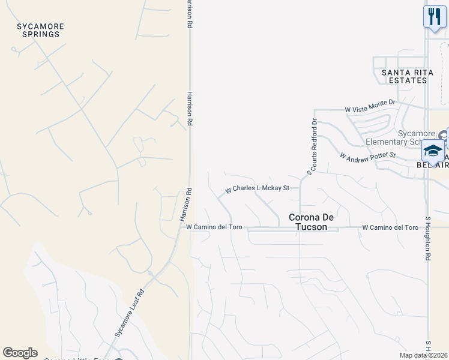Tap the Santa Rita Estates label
point(404,76)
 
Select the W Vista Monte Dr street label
point(370,109)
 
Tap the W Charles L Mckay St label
point(257,188)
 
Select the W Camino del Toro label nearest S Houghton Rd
point(390,228)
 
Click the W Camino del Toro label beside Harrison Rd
point(213,227)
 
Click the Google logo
point(20,353)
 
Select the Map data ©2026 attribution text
point(424,355)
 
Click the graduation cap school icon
point(432,150)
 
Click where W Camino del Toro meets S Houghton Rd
point(428,228)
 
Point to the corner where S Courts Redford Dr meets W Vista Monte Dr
point(315,110)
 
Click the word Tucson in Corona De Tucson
point(312,227)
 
